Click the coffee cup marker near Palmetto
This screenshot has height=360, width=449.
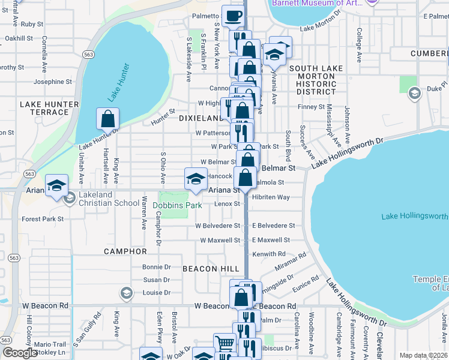point(233,15)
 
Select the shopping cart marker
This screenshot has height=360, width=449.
point(225,344)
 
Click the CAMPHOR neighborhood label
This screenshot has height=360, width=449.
point(125,251)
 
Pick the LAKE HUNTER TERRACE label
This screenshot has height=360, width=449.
point(49,108)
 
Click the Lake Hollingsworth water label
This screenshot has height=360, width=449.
point(415,216)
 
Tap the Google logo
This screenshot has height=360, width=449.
point(20,352)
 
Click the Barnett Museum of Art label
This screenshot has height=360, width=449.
point(316,3)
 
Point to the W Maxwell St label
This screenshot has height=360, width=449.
point(220,240)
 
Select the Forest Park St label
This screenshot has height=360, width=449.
point(43,219)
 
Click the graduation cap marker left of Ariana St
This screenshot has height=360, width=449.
point(56,185)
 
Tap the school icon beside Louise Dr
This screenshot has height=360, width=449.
point(125,293)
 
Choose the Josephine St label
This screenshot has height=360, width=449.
point(53,82)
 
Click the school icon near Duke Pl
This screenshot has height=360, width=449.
point(414,93)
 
